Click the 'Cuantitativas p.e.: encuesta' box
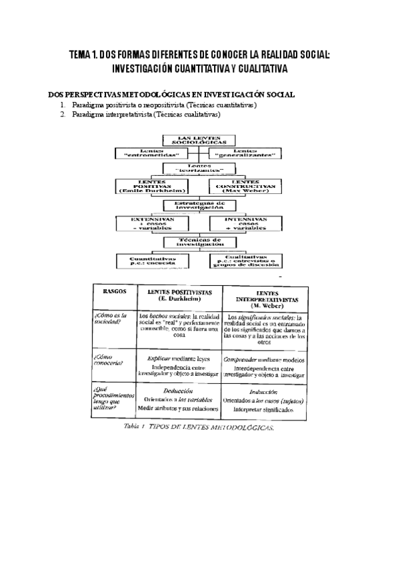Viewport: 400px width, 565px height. pyautogui.click(x=152, y=261)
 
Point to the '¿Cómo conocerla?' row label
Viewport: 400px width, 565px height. pyautogui.click(x=109, y=361)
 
